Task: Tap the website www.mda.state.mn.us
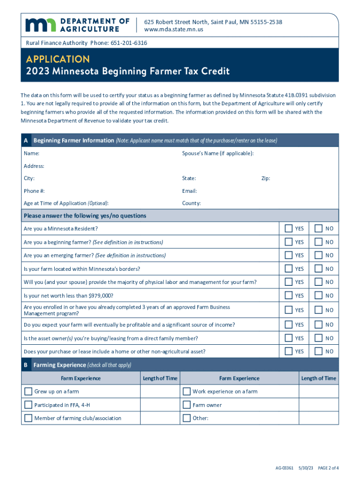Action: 173,29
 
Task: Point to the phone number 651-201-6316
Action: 129,43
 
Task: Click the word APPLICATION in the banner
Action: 58,59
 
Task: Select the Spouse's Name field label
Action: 218,153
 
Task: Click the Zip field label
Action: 265,178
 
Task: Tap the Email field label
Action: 189,191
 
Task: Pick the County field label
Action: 191,203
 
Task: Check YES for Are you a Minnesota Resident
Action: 288,228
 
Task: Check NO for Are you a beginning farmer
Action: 318,242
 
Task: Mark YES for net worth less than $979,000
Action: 288,296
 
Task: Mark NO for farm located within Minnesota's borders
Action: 318,269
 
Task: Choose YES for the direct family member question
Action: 288,338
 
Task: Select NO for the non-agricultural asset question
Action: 318,351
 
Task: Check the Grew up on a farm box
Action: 28,392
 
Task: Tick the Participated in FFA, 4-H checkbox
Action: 28,405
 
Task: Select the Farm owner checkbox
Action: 187,405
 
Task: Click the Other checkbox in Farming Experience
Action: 187,418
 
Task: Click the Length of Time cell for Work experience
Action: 318,392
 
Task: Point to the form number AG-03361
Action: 285,468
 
